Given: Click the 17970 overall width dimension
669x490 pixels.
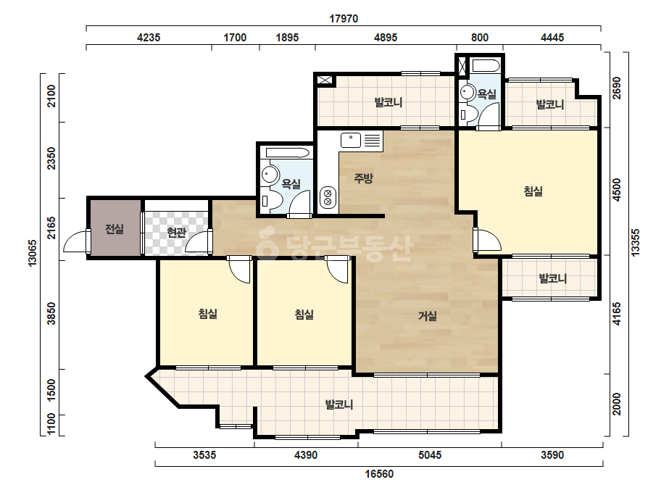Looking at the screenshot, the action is (344, 19).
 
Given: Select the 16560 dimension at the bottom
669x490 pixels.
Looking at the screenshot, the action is (379, 474).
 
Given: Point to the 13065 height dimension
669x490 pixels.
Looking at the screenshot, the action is (33, 253).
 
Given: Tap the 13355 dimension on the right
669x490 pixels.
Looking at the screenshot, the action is (636, 243).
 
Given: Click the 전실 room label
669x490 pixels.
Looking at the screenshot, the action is (115, 229).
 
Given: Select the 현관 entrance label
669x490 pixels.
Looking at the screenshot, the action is (176, 233).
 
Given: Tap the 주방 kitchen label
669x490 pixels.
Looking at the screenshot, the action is (363, 178).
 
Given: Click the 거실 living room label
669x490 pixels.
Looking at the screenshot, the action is (427, 316).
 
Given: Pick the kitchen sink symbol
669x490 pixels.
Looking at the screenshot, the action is (351, 140).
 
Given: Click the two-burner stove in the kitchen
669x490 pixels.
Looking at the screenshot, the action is (328, 197).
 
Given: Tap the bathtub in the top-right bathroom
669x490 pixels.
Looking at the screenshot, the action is (485, 66).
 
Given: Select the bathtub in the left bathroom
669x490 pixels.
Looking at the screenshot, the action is (287, 152).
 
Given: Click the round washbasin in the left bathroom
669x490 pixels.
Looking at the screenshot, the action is (270, 174).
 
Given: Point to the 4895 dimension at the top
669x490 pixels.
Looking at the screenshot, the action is (386, 38).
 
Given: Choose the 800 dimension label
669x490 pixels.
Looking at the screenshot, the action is (480, 38).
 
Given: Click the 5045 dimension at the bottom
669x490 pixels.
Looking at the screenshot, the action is (430, 455).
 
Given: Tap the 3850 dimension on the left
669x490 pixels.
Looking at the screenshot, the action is (51, 313).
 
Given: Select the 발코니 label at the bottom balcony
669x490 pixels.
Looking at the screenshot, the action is (339, 404).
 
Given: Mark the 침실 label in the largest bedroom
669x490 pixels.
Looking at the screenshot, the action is (533, 191).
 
